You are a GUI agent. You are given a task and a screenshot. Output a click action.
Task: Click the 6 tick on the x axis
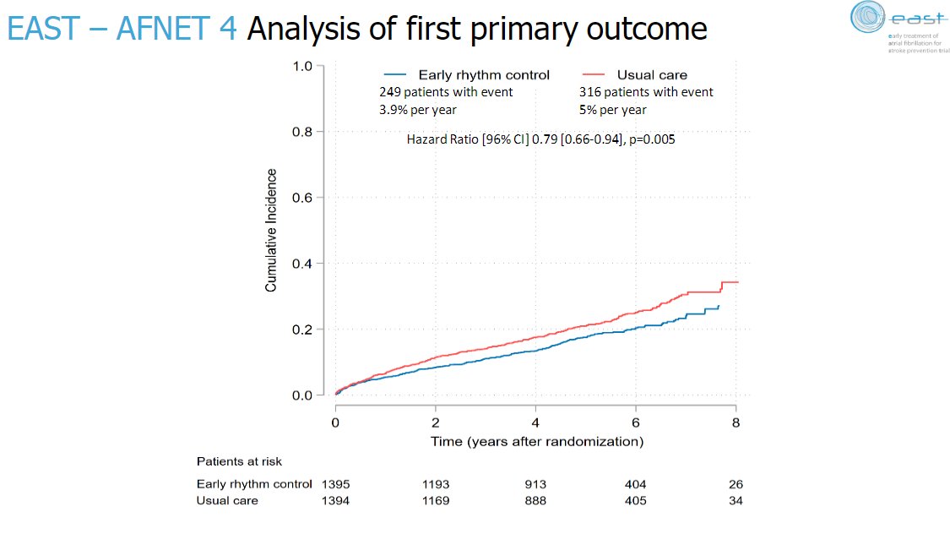pos(636,422)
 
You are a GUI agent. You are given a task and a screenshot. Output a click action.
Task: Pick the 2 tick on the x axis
pos(436,422)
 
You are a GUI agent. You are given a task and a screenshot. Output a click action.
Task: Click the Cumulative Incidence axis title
pos(271,231)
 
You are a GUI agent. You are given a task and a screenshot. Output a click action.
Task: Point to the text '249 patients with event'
pos(446,92)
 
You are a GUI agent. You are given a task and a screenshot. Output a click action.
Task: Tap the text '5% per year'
pos(612,110)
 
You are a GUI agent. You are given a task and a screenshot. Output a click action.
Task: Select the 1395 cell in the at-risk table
pos(335,484)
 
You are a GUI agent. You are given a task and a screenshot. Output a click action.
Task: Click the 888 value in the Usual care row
pos(535,500)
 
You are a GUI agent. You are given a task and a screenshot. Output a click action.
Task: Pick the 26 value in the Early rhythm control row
pos(736,484)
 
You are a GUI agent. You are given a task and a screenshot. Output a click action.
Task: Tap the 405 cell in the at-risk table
pos(635,500)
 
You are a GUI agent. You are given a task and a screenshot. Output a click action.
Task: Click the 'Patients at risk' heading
pos(239,461)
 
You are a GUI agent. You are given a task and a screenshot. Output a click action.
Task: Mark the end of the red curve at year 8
pos(738,282)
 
